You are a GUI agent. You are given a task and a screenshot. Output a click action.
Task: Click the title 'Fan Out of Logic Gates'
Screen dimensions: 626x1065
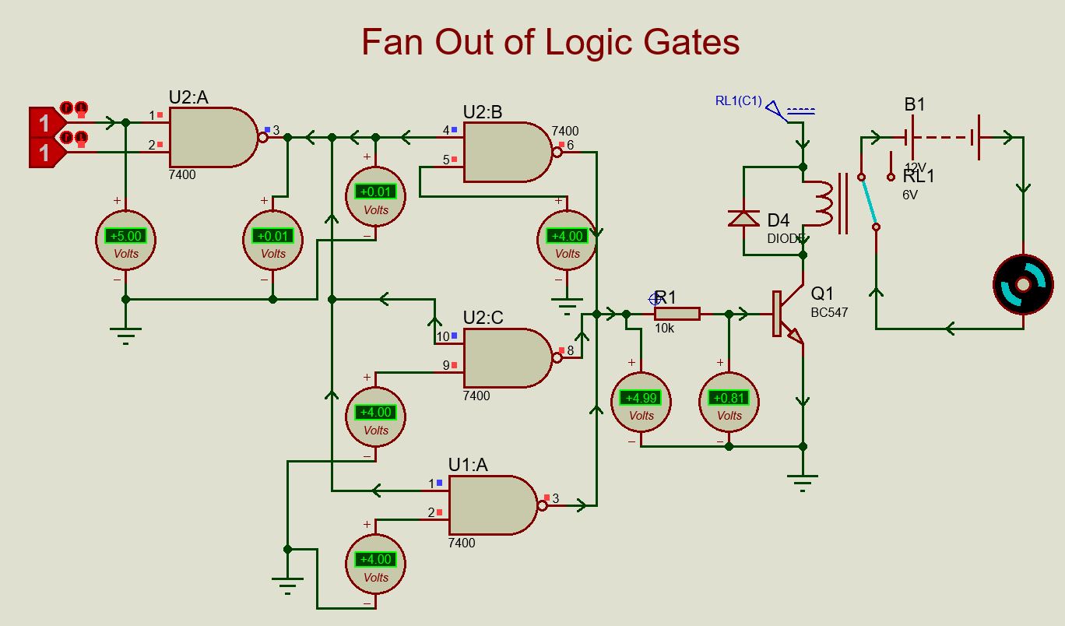pyautogui.click(x=550, y=42)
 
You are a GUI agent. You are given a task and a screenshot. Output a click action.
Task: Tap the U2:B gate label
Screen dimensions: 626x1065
pyautogui.click(x=483, y=112)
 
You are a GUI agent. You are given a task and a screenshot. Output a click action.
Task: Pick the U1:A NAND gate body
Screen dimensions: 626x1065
pyautogui.click(x=491, y=505)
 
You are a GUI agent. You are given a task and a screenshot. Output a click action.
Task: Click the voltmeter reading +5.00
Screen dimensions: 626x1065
pyautogui.click(x=125, y=236)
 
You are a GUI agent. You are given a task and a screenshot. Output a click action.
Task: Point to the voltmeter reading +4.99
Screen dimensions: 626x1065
pyautogui.click(x=641, y=398)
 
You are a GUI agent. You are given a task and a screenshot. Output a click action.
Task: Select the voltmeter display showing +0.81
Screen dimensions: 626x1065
pyautogui.click(x=729, y=398)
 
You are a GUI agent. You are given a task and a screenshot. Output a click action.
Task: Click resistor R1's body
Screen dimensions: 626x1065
pyautogui.click(x=677, y=314)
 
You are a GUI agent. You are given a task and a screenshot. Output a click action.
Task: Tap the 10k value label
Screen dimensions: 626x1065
pyautogui.click(x=664, y=329)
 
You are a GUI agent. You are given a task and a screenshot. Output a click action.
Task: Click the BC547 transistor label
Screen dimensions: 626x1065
pyautogui.click(x=829, y=312)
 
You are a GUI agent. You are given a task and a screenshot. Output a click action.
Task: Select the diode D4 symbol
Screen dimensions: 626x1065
pyautogui.click(x=743, y=218)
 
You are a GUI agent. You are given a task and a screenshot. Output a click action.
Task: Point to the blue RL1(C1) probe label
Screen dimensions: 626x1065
pyautogui.click(x=738, y=100)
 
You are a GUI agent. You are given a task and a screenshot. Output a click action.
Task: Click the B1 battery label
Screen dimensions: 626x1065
pyautogui.click(x=915, y=104)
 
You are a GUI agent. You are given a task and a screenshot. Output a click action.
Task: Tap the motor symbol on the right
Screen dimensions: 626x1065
pyautogui.click(x=1023, y=284)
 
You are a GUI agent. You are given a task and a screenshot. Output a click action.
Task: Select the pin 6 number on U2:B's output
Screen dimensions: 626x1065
pyautogui.click(x=570, y=145)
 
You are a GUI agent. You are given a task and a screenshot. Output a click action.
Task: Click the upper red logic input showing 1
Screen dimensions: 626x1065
pyautogui.click(x=44, y=123)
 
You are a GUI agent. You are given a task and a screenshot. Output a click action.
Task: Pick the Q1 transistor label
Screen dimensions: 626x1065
pyautogui.click(x=822, y=294)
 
